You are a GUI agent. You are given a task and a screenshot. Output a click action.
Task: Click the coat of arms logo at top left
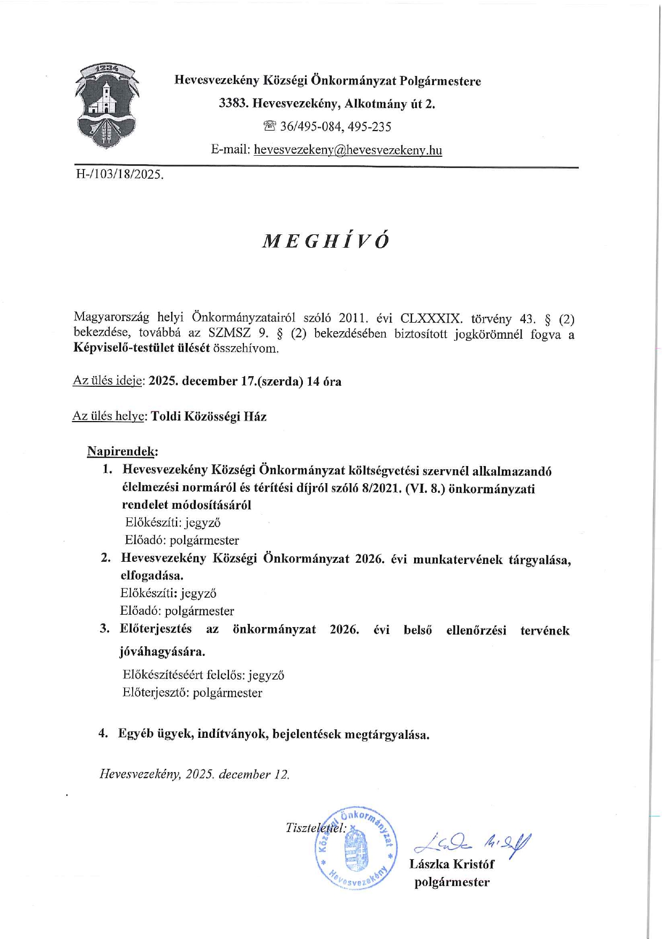[x=106, y=106]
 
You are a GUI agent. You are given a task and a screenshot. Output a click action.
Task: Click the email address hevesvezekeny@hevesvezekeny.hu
[x=348, y=150]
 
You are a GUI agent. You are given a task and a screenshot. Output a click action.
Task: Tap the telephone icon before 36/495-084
[x=270, y=127]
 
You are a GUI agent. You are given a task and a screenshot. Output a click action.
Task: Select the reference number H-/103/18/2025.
[x=119, y=174]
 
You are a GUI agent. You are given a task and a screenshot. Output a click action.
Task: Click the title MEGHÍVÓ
[x=326, y=241]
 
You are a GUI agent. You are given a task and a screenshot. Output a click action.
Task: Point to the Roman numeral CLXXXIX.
[x=431, y=319]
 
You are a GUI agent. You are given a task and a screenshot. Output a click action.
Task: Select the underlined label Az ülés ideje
[x=108, y=381]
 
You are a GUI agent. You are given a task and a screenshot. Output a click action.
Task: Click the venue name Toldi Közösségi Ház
[x=209, y=417]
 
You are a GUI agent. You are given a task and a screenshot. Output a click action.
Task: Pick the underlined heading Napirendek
[x=122, y=452]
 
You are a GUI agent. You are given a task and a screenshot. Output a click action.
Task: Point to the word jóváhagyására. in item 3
[x=163, y=652]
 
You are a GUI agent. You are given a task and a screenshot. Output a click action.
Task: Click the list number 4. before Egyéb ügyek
[x=104, y=734]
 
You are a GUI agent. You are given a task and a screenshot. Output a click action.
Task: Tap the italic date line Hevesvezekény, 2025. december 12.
[x=195, y=774]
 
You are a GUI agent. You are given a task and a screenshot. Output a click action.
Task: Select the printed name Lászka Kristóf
[x=452, y=864]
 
